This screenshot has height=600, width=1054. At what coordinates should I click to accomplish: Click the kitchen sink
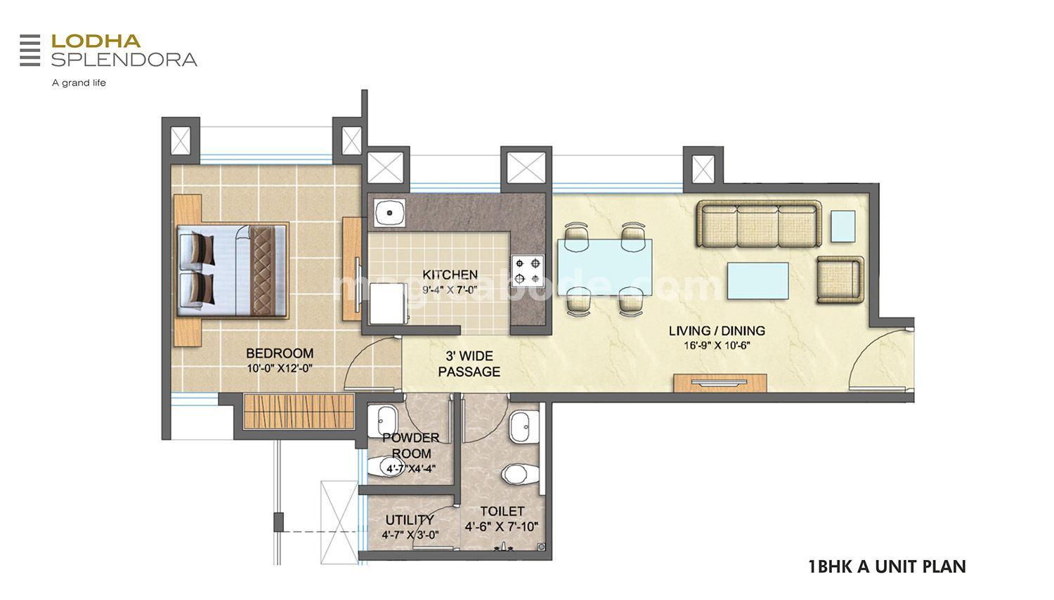[x=389, y=213]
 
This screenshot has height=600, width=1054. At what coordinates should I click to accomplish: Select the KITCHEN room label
[x=450, y=275]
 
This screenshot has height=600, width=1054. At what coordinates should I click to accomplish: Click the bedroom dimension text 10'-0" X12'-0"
[x=279, y=368]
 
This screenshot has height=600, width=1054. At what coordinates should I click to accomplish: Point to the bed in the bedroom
[x=232, y=270]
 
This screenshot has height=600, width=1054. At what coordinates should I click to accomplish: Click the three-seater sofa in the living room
[x=759, y=225]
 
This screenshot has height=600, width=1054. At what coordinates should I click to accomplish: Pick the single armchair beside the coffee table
[x=839, y=280]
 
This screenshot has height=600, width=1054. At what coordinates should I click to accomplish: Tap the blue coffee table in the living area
[x=757, y=280]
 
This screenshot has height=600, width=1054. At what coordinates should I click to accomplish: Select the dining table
[x=604, y=267]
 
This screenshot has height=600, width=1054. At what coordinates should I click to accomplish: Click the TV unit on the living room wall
[x=720, y=383]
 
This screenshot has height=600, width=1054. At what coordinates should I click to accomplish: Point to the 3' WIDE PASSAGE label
[x=469, y=364]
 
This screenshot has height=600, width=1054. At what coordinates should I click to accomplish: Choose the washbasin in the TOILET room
[x=521, y=426]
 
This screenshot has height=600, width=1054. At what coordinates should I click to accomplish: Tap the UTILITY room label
[x=410, y=520]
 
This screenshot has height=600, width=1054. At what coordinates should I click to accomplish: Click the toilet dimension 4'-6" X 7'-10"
[x=501, y=527]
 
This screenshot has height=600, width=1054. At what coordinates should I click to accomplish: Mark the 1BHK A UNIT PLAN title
[x=887, y=566]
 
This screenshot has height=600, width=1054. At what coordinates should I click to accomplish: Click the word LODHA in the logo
[x=96, y=41]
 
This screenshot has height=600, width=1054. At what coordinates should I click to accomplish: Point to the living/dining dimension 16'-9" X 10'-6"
[x=717, y=346]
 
